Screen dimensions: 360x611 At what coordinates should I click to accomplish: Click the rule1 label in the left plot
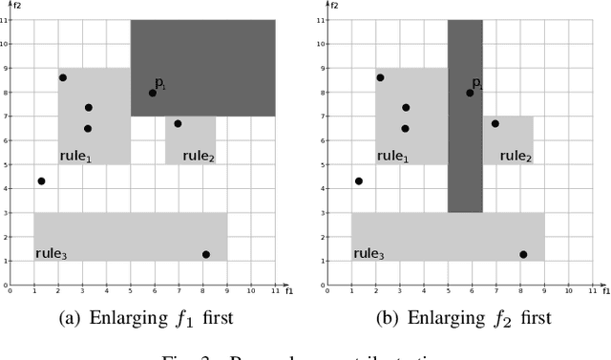tap(75, 157)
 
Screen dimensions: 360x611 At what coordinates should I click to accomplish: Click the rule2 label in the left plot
tap(199, 157)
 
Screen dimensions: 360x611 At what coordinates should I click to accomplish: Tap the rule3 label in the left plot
tap(50, 253)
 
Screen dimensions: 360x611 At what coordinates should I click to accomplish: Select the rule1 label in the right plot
tap(392, 157)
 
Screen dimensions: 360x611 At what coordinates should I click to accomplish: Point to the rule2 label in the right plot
tap(516, 157)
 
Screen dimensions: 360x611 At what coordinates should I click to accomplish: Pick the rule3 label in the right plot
tap(368, 253)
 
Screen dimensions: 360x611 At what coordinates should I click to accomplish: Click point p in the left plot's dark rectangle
tap(153, 93)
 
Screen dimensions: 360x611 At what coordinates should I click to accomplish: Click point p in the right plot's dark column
tap(470, 93)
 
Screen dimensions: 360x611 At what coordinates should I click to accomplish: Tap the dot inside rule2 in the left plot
tap(178, 123)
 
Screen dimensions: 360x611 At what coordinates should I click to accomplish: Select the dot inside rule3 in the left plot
tap(205, 254)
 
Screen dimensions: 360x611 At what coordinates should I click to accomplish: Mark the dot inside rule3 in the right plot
tap(522, 254)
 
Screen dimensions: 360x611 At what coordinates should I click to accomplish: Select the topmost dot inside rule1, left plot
tap(63, 77)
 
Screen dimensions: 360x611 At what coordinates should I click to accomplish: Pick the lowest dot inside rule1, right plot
tap(405, 128)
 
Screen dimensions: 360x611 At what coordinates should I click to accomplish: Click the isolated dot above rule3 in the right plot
tap(358, 180)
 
